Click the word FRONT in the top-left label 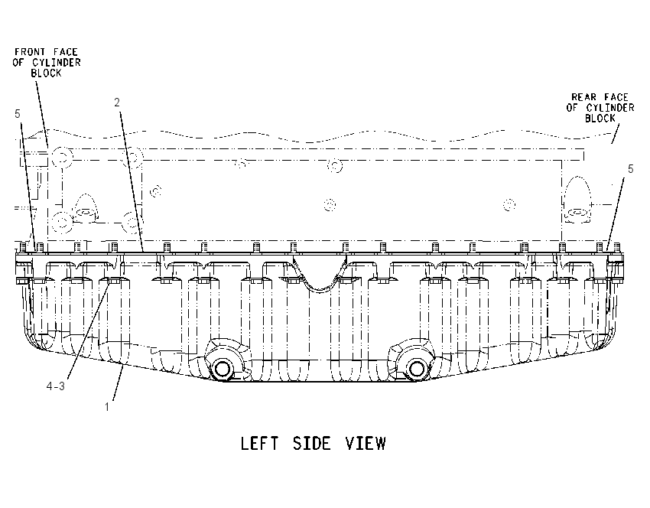30,52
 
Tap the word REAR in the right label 583,97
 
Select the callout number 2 117,102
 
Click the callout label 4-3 56,386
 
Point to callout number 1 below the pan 107,407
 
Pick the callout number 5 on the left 17,114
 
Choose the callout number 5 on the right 631,169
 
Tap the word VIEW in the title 366,443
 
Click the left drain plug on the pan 223,368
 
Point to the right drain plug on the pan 415,368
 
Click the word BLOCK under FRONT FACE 46,73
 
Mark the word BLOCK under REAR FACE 600,118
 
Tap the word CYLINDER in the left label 57,62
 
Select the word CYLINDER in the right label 610,108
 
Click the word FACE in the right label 616,97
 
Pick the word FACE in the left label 66,52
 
